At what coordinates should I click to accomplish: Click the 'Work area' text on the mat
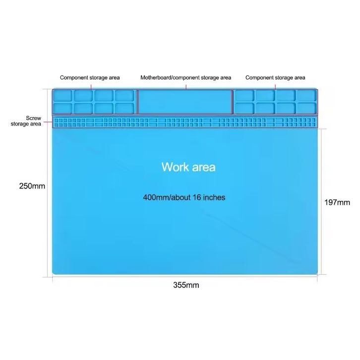tap(188, 167)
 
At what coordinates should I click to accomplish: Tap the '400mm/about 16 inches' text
tap(184, 197)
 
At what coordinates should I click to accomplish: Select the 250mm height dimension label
tap(32, 186)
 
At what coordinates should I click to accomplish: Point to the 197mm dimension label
tap(338, 202)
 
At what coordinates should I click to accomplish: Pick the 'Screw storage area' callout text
tap(26, 121)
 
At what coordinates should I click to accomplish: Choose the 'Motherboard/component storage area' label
tap(185, 78)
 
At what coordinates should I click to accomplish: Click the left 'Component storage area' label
tap(90, 78)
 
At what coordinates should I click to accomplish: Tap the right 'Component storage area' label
tap(275, 78)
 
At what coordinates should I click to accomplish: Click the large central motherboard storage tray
tap(185, 102)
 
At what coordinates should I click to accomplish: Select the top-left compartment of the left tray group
tap(63, 95)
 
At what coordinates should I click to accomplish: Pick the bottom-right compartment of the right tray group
tap(305, 108)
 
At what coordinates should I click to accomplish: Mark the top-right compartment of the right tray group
tap(305, 95)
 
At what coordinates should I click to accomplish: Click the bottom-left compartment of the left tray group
tap(63, 108)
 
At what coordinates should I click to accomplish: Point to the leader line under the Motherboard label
tap(185, 85)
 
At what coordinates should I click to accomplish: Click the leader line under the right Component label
tap(276, 85)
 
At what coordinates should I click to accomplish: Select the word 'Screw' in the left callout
tap(33, 118)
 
